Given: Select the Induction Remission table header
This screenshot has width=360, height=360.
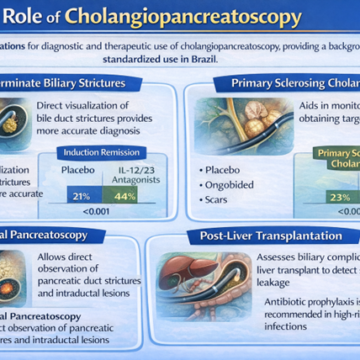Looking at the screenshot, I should point(103,152).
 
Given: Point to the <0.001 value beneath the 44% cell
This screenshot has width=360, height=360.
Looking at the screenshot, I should point(125,212).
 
